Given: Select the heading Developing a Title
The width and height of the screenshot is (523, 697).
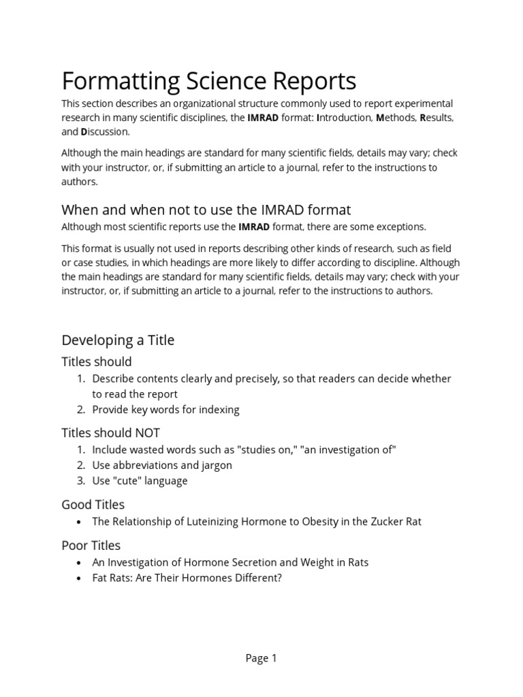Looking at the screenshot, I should point(118,340).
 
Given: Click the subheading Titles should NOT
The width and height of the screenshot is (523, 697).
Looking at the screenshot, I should point(111,433).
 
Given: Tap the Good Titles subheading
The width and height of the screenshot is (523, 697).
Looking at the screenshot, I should point(93,504).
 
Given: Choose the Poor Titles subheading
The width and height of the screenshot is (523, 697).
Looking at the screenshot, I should point(91,545).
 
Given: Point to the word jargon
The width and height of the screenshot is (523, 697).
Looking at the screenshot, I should point(215,465).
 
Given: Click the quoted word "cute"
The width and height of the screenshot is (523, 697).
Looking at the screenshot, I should point(127,481).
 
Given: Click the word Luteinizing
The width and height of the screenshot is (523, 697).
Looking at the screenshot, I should point(228,521).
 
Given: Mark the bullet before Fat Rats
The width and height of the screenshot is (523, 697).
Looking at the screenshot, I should point(80,578).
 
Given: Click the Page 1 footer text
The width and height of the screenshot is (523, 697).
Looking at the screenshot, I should point(261,658).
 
